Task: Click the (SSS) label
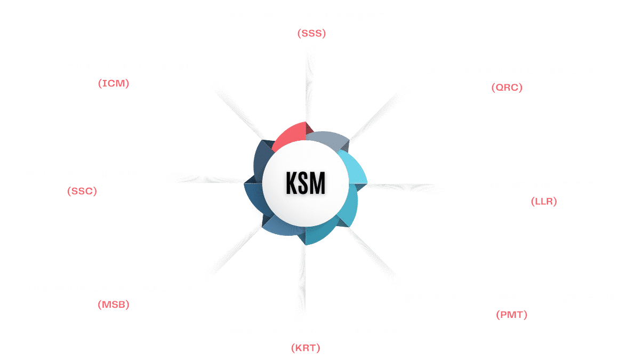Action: pos(311,33)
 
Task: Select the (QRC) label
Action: pos(507,87)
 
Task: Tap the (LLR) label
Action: pos(544,202)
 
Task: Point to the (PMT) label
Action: pos(511,315)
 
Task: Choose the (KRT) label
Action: pos(306,348)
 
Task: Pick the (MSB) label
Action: pos(114,305)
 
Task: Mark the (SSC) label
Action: pos(82,191)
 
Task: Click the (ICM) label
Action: pos(114,83)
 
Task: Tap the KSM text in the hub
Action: pos(306,183)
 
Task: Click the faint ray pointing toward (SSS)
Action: pos(309,87)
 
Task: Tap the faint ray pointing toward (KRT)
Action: pos(302,279)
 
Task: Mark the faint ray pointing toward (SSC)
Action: pos(210,180)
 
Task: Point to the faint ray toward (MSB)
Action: pos(235,251)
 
